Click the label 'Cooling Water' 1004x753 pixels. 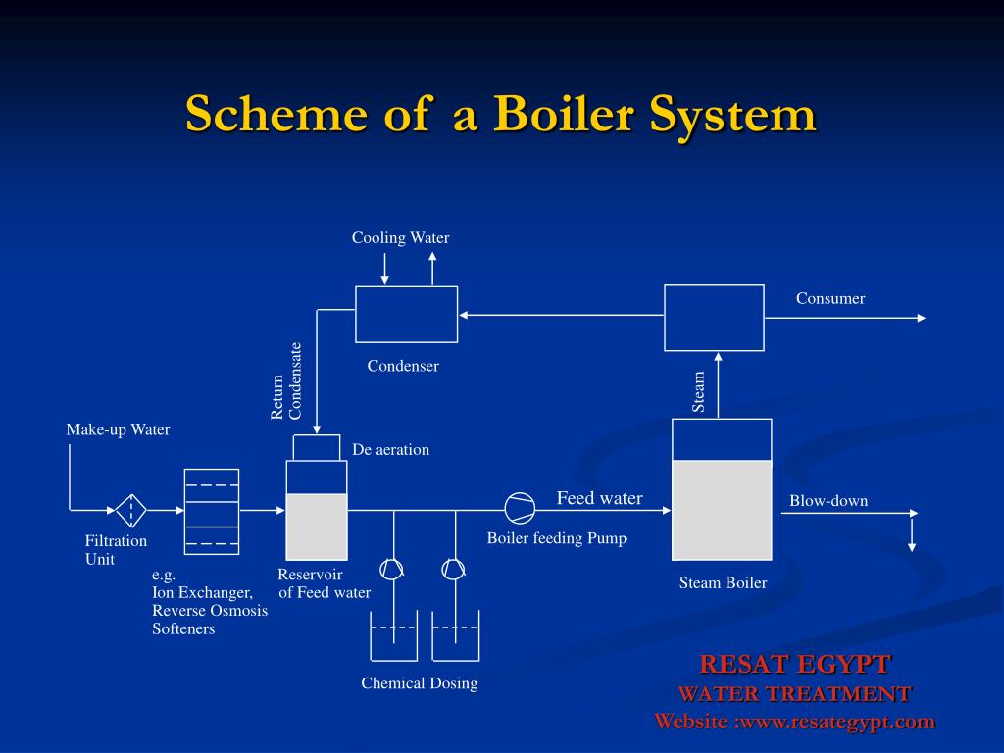click(x=400, y=237)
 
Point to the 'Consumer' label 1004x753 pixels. click(x=830, y=298)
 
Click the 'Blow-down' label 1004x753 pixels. click(x=828, y=501)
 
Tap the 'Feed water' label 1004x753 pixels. click(x=599, y=498)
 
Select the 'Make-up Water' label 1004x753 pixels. click(x=118, y=429)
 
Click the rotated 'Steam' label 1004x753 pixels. click(x=698, y=392)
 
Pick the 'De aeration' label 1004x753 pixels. click(x=390, y=449)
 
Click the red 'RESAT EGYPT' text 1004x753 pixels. click(x=794, y=664)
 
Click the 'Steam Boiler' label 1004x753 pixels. click(x=723, y=582)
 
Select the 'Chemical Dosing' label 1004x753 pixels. click(x=420, y=683)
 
